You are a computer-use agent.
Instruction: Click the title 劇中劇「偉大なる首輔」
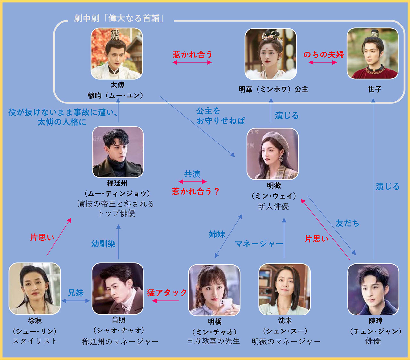point(119,19)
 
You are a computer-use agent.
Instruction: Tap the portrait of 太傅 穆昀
point(117,53)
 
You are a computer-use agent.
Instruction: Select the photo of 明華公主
point(271,54)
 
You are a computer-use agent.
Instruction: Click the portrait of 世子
point(373,53)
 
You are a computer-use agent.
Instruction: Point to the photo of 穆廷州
point(118,152)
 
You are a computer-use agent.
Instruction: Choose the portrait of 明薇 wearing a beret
point(273,154)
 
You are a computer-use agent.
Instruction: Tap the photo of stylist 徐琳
point(35,288)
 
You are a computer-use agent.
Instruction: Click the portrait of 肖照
point(118,289)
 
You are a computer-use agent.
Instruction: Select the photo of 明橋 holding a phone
point(214,290)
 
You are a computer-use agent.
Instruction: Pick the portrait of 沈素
point(285,289)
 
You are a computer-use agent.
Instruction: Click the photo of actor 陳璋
point(373,289)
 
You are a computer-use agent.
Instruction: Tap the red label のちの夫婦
point(324,54)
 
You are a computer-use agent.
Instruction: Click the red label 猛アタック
point(167,293)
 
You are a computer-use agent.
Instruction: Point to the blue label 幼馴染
point(103,244)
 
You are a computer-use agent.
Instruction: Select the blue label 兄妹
point(76,293)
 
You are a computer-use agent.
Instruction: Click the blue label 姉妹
point(217,234)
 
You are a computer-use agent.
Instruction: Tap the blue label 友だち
point(347,224)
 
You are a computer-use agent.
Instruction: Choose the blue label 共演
point(192,174)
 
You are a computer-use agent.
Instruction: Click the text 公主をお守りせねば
point(221,116)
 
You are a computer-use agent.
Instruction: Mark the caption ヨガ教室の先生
point(213,341)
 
